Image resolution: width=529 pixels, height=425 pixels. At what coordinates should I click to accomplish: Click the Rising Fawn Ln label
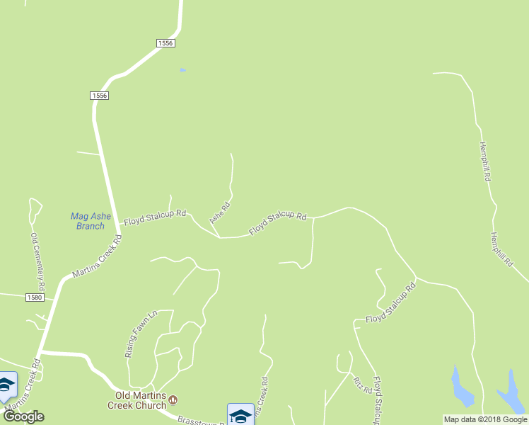139,334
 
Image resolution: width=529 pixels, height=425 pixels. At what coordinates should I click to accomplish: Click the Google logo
23,416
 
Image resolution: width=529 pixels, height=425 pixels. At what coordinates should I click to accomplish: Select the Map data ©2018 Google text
485,419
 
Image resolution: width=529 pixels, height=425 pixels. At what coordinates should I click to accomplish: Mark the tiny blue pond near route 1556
182,70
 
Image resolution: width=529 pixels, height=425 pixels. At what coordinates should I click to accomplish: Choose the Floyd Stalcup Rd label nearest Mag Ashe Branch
155,217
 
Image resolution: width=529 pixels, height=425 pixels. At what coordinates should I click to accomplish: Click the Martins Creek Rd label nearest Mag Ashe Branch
97,257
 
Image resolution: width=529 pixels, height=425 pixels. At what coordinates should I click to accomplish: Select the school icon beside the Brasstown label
240,415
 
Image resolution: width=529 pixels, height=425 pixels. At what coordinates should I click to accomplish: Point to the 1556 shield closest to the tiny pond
165,43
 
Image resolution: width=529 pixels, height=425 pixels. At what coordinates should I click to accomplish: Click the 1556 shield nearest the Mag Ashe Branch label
99,96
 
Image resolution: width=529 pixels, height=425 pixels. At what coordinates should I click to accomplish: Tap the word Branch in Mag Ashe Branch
90,226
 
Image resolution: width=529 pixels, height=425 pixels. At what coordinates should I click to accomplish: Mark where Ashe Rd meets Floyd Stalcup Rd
219,237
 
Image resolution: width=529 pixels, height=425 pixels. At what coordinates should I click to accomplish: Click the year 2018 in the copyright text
493,419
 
